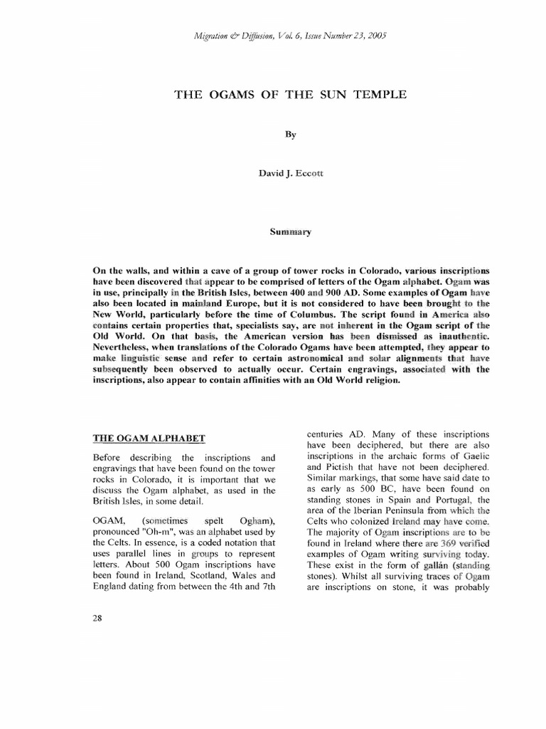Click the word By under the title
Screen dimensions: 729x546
(x=290, y=134)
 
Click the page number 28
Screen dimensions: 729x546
(x=98, y=618)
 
